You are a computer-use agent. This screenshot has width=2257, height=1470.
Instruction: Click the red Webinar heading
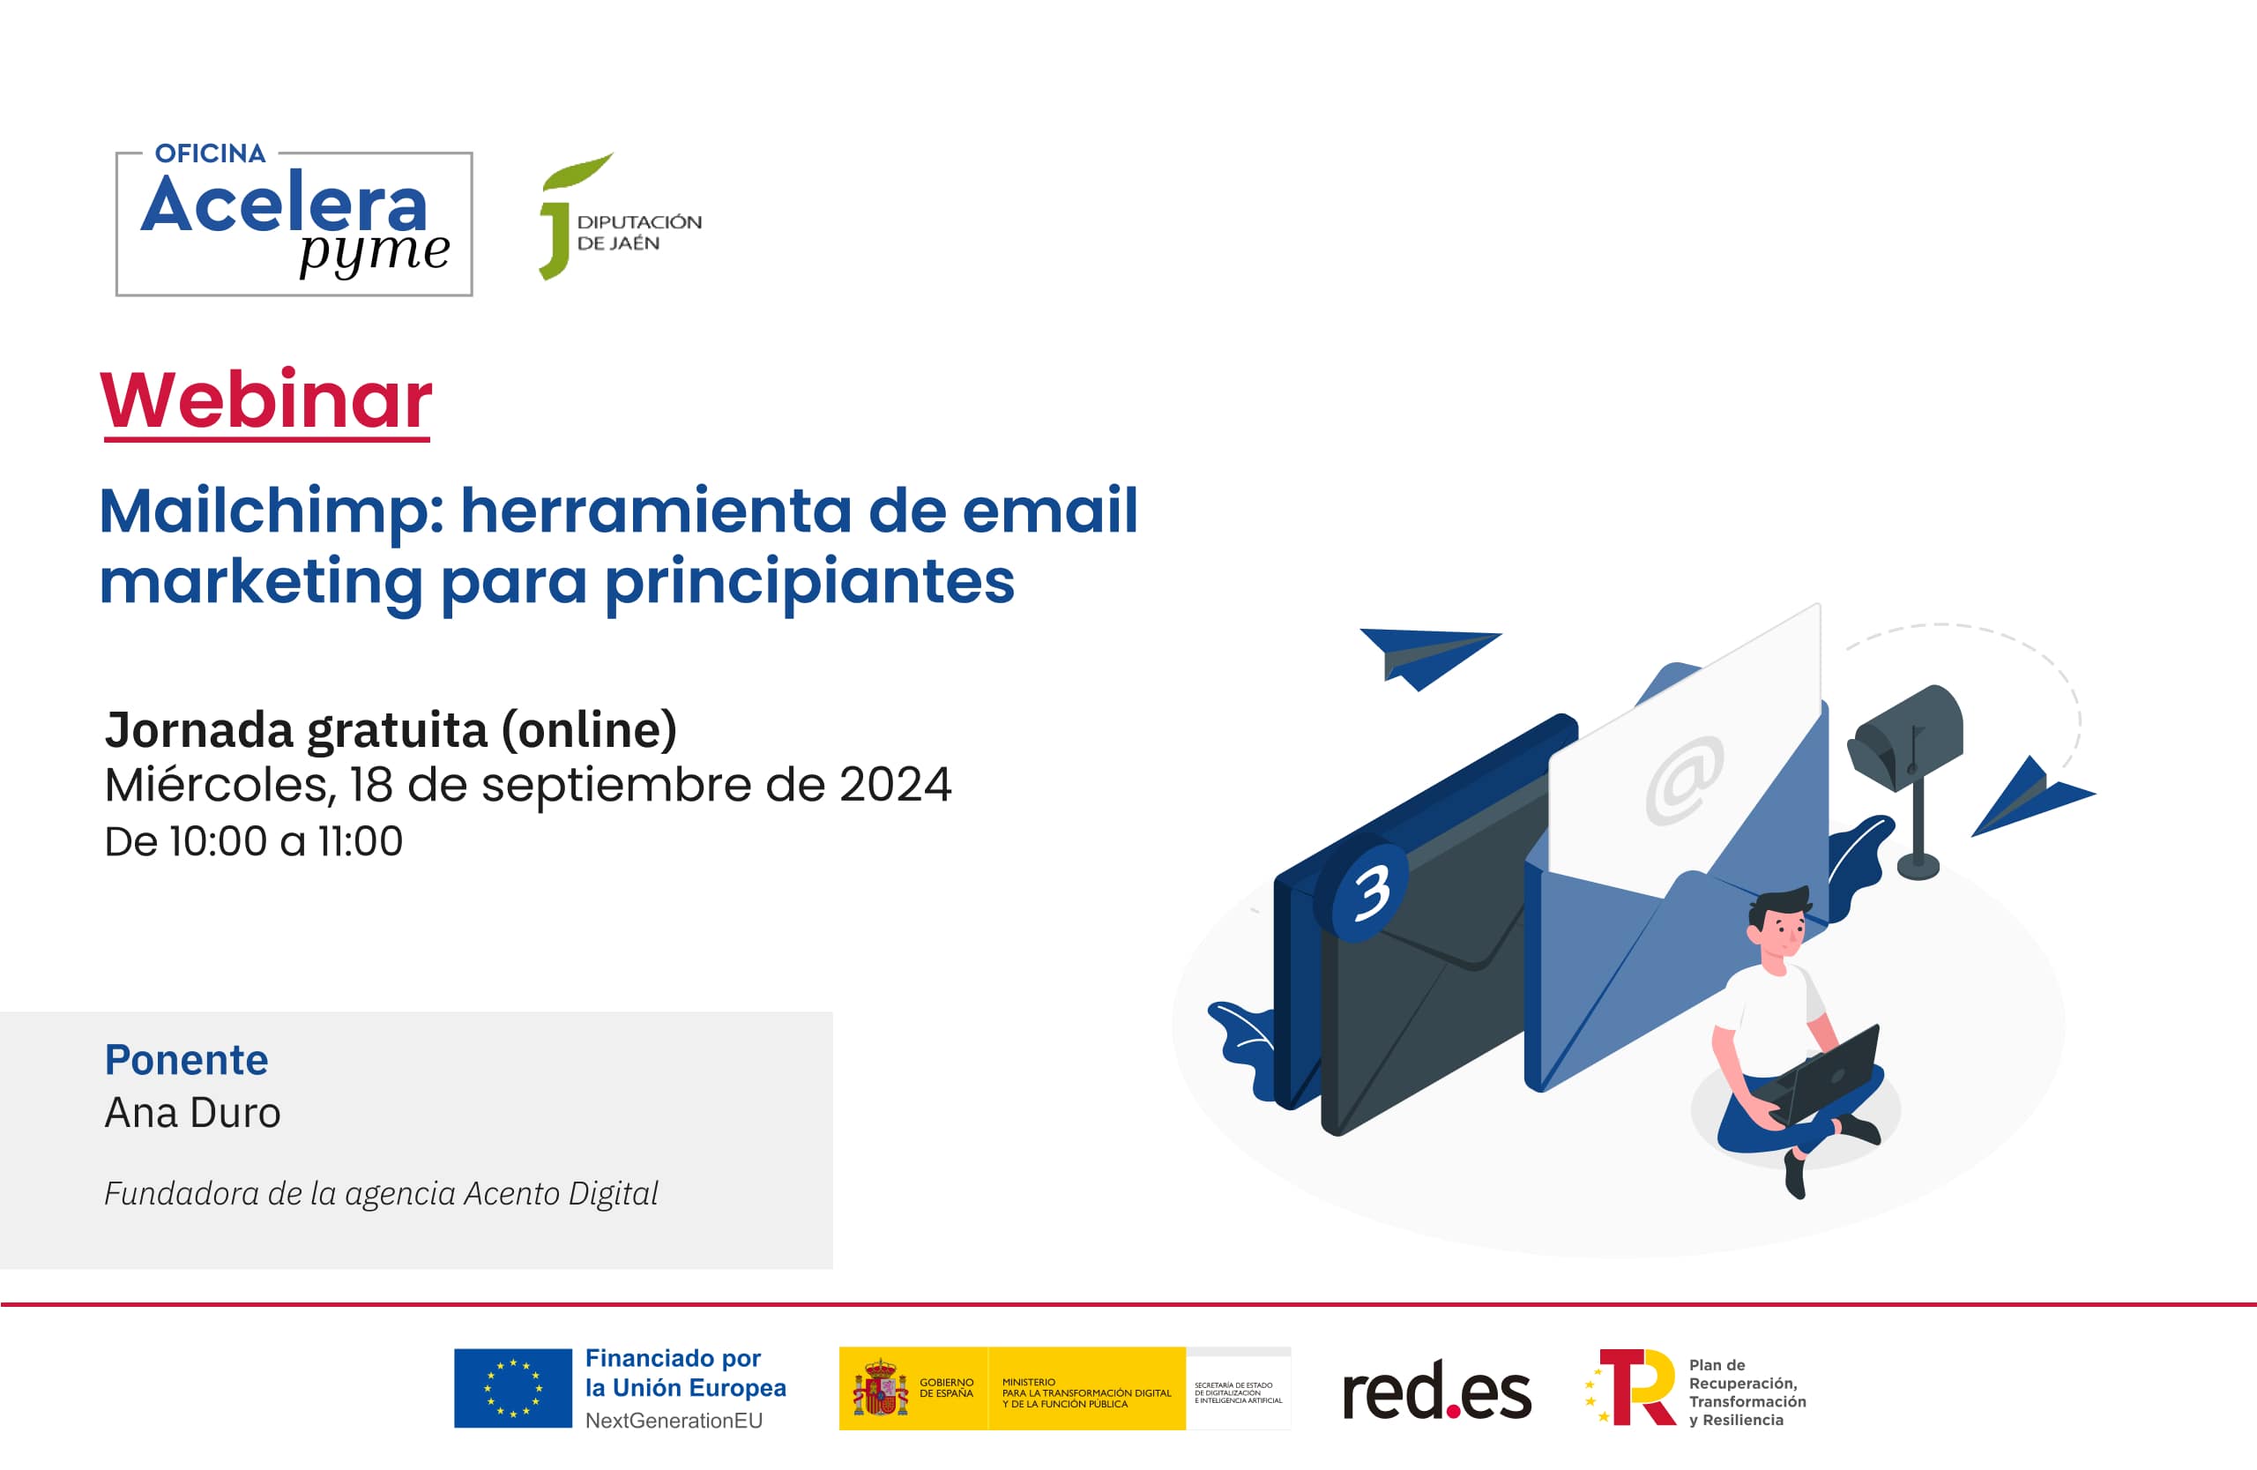coord(266,400)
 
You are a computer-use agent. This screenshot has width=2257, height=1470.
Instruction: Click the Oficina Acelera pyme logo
coord(294,223)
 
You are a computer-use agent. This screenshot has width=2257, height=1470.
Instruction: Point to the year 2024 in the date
coord(894,786)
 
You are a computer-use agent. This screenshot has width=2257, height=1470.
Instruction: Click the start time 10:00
coord(218,842)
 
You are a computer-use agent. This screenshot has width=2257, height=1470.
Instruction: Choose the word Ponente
coord(186,1059)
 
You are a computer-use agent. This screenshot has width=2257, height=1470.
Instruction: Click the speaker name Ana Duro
coord(192,1114)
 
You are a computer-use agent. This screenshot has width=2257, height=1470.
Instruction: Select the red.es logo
coord(1436,1392)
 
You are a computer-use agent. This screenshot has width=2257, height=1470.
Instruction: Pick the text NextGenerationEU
coord(674,1421)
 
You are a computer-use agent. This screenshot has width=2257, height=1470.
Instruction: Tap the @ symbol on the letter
coord(1684,780)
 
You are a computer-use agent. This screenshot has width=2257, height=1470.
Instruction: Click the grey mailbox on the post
coord(1906,738)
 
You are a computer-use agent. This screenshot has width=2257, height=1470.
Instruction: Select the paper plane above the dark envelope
coord(1427,655)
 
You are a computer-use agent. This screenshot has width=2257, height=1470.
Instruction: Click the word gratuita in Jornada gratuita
coord(397,730)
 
